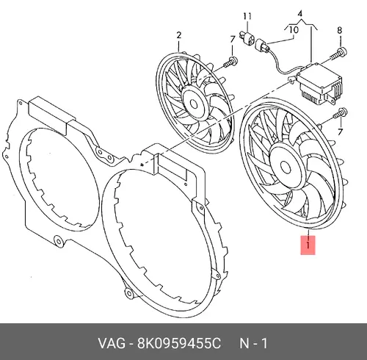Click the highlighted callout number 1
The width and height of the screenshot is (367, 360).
click(308, 245)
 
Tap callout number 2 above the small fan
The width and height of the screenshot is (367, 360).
click(179, 35)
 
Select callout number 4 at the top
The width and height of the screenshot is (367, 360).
click(300, 13)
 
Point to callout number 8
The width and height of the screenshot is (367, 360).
click(339, 30)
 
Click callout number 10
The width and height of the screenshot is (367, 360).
click(294, 30)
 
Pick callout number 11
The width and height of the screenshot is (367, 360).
click(247, 16)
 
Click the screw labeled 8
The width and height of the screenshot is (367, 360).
click(338, 54)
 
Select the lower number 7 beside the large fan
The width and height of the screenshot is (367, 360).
click(341, 132)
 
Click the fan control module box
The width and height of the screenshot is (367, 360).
click(318, 83)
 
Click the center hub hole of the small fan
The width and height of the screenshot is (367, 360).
click(194, 104)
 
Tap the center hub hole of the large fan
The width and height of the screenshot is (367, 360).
click(286, 167)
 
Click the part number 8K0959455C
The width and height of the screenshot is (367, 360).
click(179, 343)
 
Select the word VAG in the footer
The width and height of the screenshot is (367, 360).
click(112, 343)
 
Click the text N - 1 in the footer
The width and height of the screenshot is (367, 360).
click(253, 343)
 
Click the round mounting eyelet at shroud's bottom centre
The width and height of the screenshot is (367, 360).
click(129, 292)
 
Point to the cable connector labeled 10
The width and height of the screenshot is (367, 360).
click(262, 46)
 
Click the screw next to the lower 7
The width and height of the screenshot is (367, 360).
click(340, 114)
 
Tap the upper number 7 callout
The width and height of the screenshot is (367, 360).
click(233, 40)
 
